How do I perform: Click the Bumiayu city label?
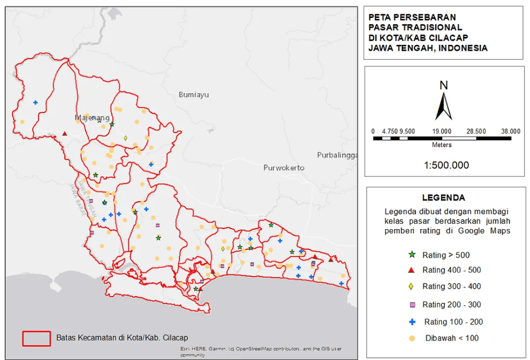[x=194, y=94]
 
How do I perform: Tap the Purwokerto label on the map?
[x=284, y=168]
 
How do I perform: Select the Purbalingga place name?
[x=338, y=155]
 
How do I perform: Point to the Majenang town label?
[x=92, y=118]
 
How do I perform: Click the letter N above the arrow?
[x=443, y=85]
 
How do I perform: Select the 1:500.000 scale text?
[x=446, y=165]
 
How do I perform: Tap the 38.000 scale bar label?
[x=510, y=131]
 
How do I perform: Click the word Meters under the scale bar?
[x=442, y=145]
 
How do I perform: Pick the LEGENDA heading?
[x=443, y=198]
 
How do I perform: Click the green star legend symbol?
[x=412, y=254]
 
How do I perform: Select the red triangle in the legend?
[x=412, y=270]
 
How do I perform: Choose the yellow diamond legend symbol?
[x=412, y=287]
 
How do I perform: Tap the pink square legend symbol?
[x=412, y=305]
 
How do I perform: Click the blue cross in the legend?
[x=412, y=321]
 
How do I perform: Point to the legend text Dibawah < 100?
[x=452, y=338]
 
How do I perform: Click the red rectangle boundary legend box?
[x=36, y=338]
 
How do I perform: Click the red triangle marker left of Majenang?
[x=64, y=134]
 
